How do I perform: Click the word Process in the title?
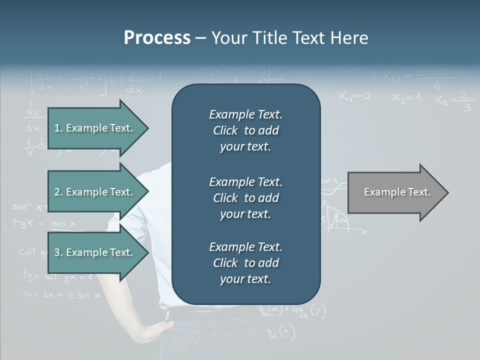157,38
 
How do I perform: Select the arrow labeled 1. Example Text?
95,128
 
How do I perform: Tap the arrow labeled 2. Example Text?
95,192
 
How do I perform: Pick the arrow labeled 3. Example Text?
95,252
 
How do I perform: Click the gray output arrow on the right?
395,192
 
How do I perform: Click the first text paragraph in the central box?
245,130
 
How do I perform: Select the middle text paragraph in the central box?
245,198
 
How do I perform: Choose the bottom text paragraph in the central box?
245,263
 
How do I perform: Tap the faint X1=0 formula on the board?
354,96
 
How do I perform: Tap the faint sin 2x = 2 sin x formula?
62,295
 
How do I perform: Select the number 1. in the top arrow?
58,128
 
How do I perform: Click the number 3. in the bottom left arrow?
58,252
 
